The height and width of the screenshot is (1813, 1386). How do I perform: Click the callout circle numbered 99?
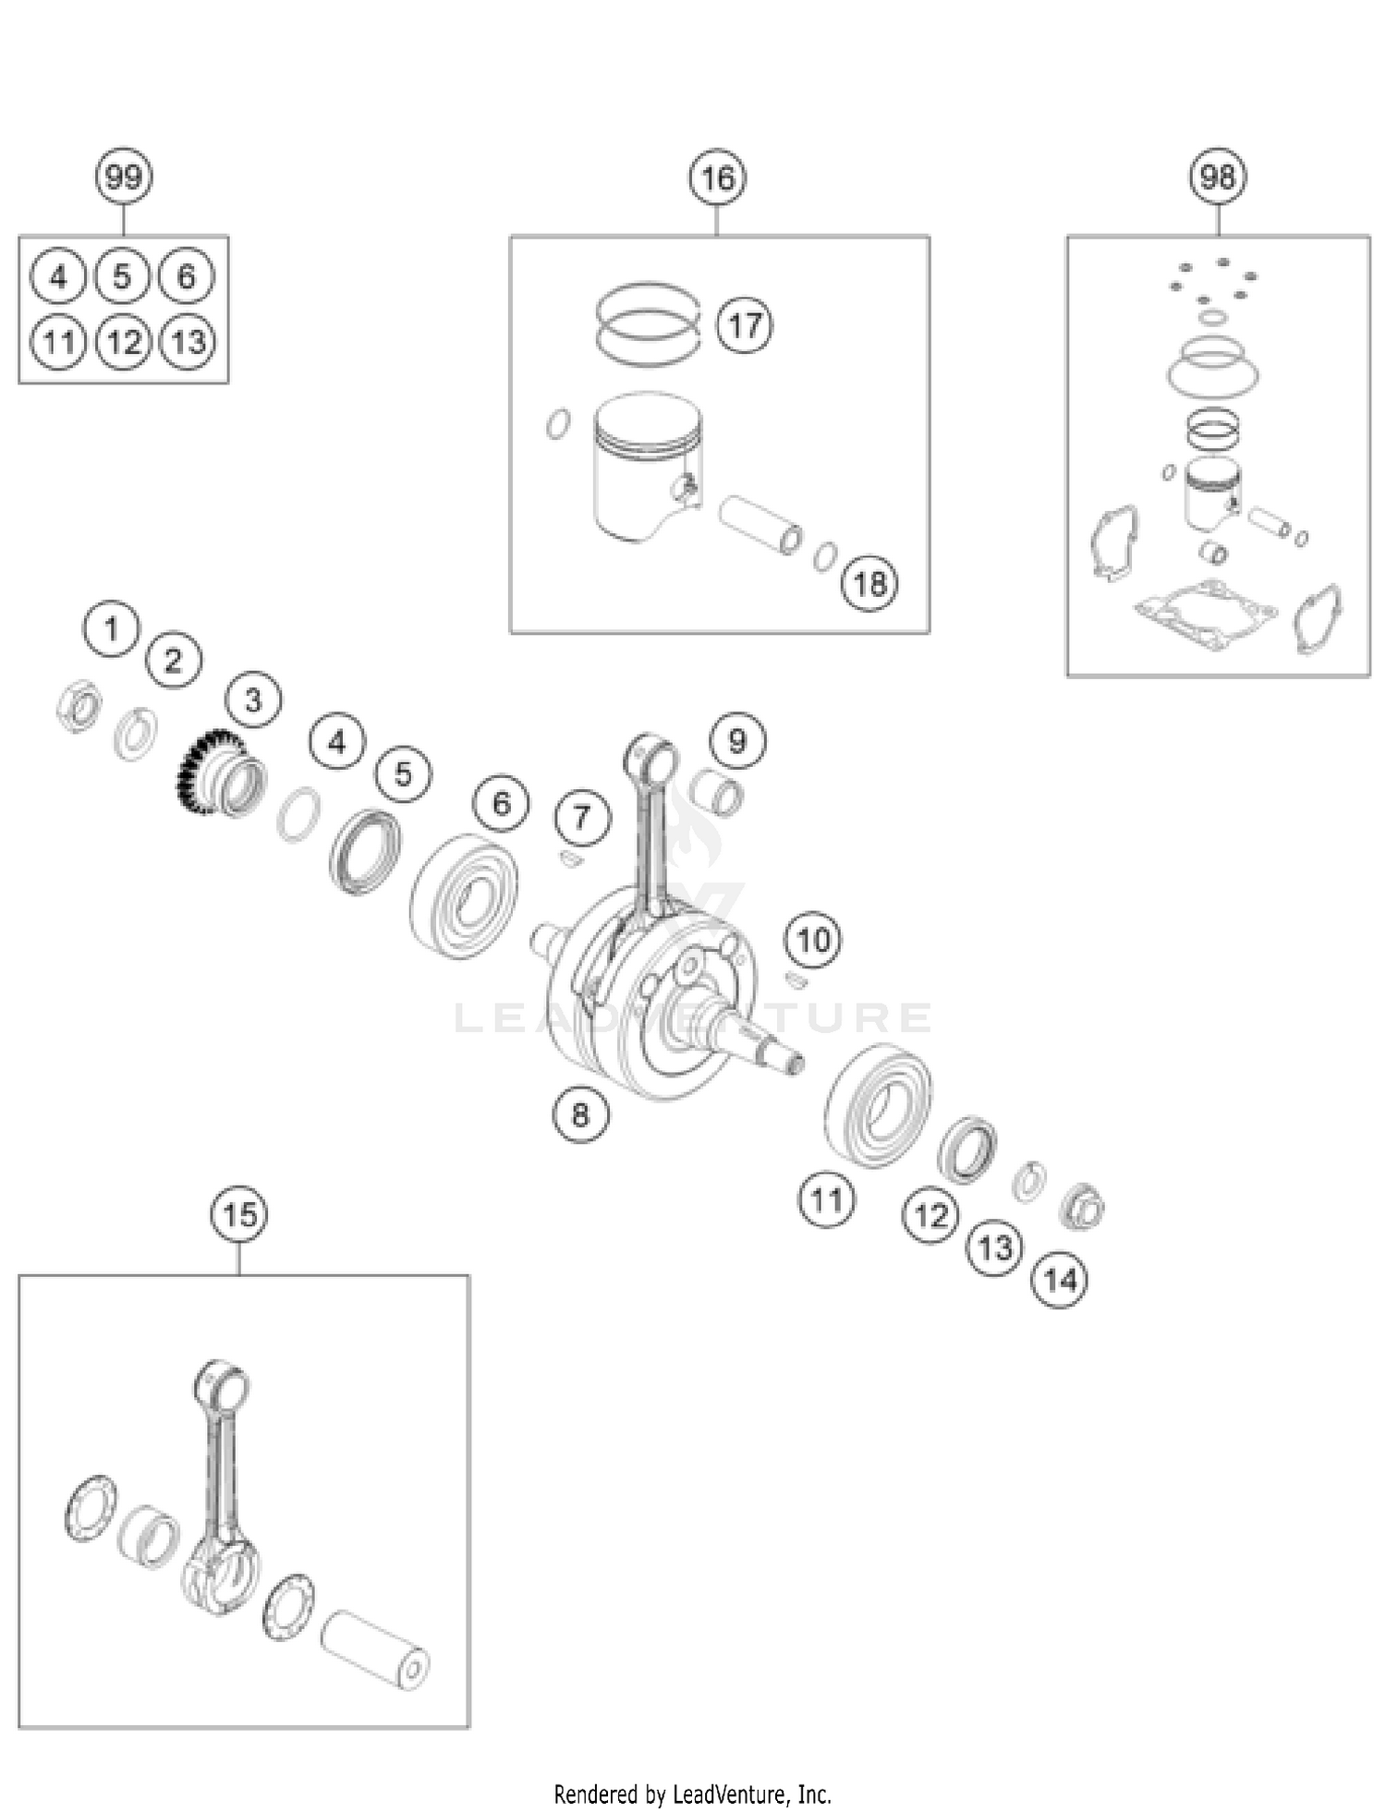coord(124,176)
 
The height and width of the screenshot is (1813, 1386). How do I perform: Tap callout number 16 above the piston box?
coord(718,177)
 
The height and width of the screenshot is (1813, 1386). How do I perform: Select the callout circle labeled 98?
coord(1218,176)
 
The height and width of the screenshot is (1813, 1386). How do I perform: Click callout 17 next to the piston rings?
coord(745,325)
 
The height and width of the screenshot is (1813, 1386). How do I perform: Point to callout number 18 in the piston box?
coord(869,583)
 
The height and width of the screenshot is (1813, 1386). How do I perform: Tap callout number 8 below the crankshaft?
coord(580,1114)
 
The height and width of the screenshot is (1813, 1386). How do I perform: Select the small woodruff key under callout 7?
coord(571,859)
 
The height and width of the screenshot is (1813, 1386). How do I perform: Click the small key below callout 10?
coord(796,980)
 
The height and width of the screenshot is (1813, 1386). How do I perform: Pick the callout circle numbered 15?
coord(240,1214)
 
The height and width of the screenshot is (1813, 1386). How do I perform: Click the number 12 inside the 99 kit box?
coord(124,342)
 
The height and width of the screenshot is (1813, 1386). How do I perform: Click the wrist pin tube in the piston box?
coord(760,525)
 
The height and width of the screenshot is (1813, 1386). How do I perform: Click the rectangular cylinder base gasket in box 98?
coord(1206,614)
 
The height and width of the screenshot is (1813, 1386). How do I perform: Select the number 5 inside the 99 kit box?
coord(122,276)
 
